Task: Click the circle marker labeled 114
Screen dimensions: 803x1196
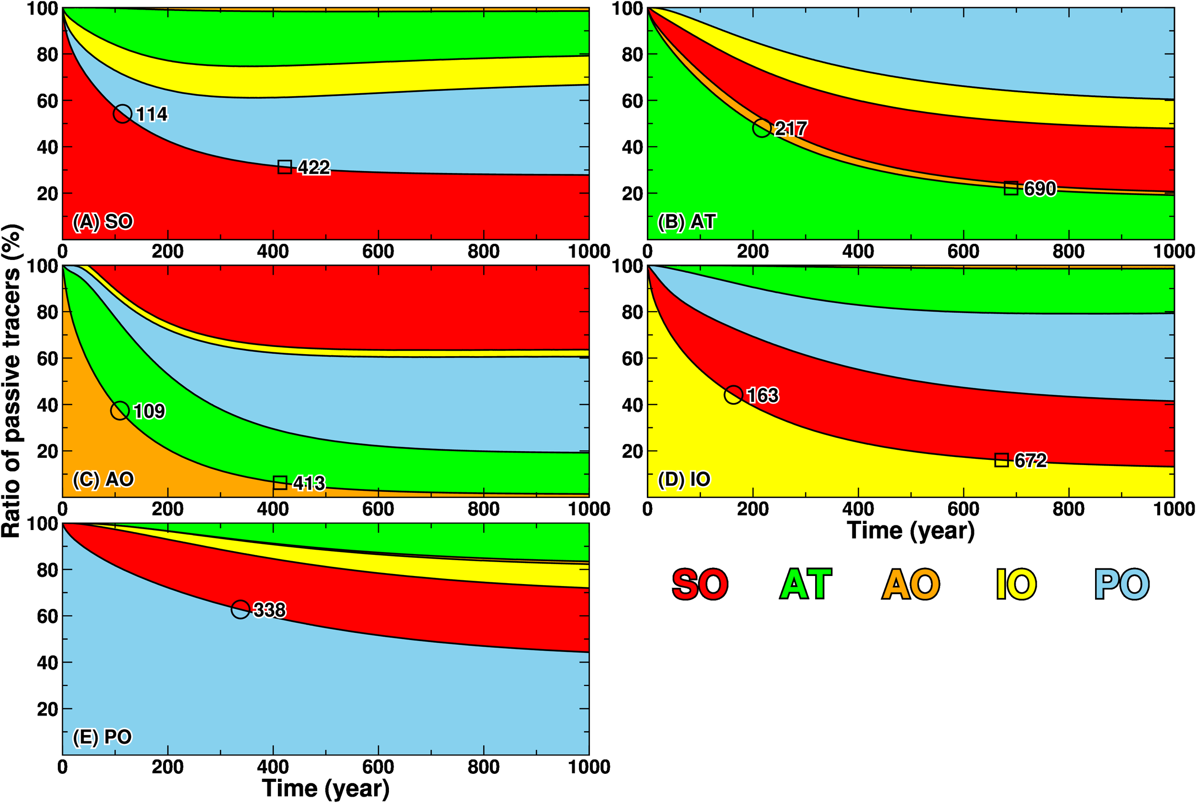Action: (122, 114)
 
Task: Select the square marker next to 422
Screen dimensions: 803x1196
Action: (285, 167)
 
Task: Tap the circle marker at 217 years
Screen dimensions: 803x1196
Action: (762, 128)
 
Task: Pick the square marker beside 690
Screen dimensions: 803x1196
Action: (1010, 188)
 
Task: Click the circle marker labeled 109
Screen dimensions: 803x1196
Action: (120, 411)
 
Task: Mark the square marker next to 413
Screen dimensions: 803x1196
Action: (280, 482)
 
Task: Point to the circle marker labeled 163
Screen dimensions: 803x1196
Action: (733, 395)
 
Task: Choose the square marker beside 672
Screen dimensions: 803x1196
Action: (1001, 460)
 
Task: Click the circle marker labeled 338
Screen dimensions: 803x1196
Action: (240, 609)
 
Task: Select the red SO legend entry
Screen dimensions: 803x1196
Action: (700, 584)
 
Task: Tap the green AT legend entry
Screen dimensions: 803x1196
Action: (805, 584)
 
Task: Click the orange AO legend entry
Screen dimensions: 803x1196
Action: (910, 584)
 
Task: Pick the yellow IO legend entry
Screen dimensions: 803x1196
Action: (1016, 584)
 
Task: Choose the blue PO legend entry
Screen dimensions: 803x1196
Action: (1122, 584)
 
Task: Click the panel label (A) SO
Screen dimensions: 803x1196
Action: (103, 222)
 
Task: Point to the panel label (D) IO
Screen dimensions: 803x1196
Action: (684, 479)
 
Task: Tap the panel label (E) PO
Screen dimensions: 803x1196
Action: (102, 737)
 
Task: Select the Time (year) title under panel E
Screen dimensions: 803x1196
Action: (325, 788)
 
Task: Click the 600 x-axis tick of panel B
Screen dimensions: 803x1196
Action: (963, 251)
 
